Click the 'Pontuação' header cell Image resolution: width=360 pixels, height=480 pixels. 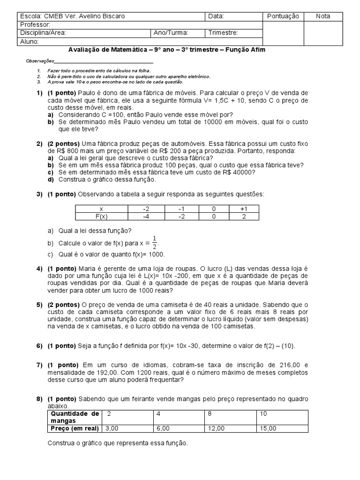point(283,16)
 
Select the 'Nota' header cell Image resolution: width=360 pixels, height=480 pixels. point(323,16)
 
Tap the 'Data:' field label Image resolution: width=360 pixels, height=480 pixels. point(216,16)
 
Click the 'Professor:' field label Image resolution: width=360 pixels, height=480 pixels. point(34,25)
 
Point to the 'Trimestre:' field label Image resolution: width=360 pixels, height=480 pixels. point(223,33)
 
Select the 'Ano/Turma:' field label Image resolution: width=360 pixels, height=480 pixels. point(171,33)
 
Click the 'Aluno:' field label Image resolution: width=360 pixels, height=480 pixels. point(29,41)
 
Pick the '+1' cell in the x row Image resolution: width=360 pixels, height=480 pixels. point(243,209)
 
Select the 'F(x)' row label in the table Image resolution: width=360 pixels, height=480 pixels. point(101,217)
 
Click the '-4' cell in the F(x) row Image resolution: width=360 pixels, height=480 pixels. point(146,217)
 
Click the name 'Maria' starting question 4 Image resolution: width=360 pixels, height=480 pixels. point(87,269)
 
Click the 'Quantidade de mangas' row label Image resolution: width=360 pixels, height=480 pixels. point(75,417)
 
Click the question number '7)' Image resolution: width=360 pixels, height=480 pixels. point(39,365)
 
